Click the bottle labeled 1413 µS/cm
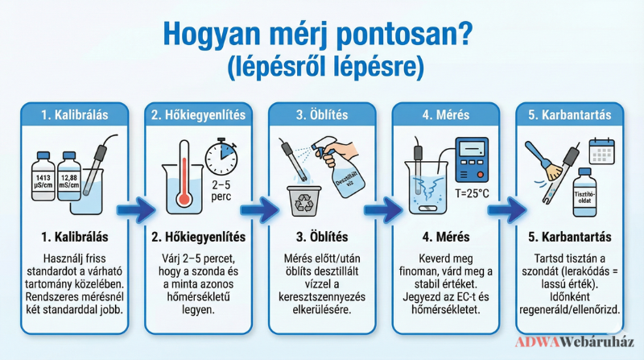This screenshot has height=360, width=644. click(x=43, y=176)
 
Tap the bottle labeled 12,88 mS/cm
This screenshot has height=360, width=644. click(x=69, y=176)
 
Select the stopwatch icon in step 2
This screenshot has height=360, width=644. click(x=221, y=157)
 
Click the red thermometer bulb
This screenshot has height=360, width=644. click(x=184, y=199)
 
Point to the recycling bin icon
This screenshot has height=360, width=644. click(x=303, y=201)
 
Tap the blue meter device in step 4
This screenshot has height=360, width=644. click(x=472, y=159)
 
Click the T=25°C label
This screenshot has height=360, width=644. click(x=472, y=193)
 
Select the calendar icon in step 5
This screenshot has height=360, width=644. click(x=601, y=151)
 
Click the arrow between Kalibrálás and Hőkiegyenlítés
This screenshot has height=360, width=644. click(x=136, y=210)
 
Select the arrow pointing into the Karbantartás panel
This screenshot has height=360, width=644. click(x=507, y=210)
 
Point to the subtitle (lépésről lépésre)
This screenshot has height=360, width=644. click(x=325, y=66)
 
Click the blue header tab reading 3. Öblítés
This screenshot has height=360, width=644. click(x=322, y=114)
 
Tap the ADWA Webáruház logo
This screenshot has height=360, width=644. click(x=575, y=342)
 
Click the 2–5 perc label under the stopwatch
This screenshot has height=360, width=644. click(x=221, y=191)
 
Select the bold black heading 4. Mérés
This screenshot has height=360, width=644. click(x=446, y=237)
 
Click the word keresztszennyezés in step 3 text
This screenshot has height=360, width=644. click(x=322, y=296)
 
